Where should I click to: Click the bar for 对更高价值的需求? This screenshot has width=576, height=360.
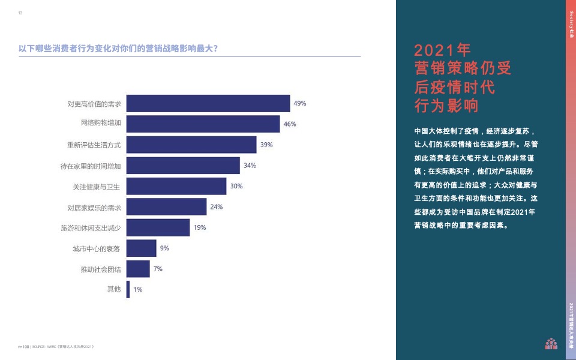pos(208,104)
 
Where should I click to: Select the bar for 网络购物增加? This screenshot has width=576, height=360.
pos(203,124)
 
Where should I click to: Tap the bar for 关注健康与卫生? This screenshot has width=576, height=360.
pos(176,187)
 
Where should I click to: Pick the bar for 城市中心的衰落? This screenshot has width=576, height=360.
pos(142,248)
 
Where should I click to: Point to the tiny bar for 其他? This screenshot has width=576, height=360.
pos(128,290)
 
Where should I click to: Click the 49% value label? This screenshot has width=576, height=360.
pos(299,103)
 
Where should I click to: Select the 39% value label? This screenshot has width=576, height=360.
pos(266,145)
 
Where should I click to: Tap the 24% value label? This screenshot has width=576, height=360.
pos(216,207)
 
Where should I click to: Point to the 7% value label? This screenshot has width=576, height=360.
pos(158,269)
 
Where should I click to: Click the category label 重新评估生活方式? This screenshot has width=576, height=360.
pos(94,145)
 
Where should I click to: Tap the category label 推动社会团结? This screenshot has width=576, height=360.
pos(101,269)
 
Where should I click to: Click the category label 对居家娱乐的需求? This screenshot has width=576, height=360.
pos(94,208)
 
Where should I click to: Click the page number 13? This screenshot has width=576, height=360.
pos(20,13)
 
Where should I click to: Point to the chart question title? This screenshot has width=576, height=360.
pos(118,49)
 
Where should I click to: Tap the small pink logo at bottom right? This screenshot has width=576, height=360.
pos(551,343)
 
